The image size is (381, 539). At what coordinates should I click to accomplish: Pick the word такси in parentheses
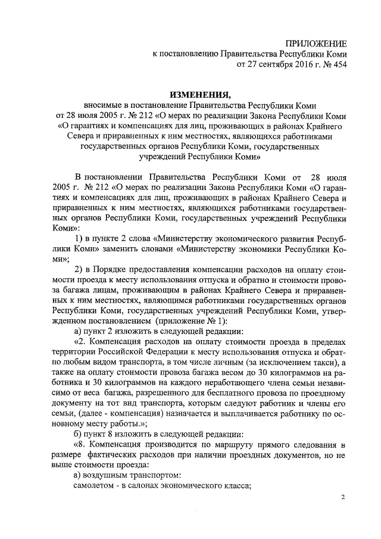[325, 363]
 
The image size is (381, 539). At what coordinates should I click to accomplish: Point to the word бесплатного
[207, 396]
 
